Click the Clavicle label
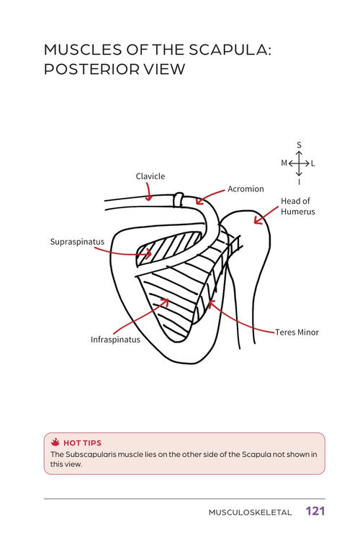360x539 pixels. pos(150,176)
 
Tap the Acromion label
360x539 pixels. pos(246,189)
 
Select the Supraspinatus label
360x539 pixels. pos(77,242)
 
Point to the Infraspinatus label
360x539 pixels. pos(115,340)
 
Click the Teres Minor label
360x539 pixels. pos(297,332)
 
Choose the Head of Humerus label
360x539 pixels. pos(298,206)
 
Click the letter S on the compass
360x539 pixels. pos(299,145)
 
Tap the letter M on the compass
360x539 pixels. pos(284,163)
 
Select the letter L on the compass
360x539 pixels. pos(313,163)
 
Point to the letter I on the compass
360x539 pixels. pos(299,182)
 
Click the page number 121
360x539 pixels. pos(315,511)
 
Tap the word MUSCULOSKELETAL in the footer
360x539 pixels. pos(250,512)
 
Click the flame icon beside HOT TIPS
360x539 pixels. pos(55,442)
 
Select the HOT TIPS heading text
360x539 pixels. pos(83,443)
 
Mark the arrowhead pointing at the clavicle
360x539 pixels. pos(148,198)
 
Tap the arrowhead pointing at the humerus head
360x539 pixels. pos(257,220)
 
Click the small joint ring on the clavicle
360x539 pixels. pos(178,200)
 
